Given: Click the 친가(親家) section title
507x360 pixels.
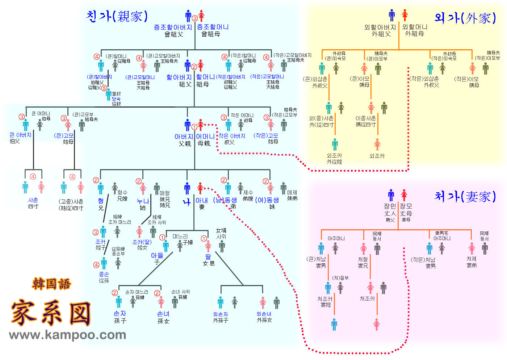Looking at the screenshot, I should (117, 16).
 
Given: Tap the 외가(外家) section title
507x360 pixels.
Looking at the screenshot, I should (465, 17).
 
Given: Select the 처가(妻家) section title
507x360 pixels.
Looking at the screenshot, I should (465, 196).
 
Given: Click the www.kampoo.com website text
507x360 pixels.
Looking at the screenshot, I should (68, 335).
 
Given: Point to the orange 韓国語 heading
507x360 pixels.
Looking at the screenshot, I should (51, 284).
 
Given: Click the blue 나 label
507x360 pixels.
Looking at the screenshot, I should (187, 202).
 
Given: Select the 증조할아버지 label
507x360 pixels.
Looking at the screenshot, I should (173, 27).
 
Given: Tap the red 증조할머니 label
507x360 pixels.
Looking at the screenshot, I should (213, 27).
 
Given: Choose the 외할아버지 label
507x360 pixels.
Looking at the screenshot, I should (380, 27).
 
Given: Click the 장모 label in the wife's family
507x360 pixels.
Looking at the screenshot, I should (406, 206).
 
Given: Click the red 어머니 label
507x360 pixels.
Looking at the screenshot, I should (205, 137).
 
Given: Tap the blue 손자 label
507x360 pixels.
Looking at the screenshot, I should (120, 314).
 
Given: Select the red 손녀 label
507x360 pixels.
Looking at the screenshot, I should (163, 314).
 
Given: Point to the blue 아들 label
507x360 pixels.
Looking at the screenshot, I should (157, 256).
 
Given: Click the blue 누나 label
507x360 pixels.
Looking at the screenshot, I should (143, 201).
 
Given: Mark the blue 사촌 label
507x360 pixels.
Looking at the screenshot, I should (33, 200).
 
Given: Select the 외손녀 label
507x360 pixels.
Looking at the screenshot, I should (264, 314).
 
